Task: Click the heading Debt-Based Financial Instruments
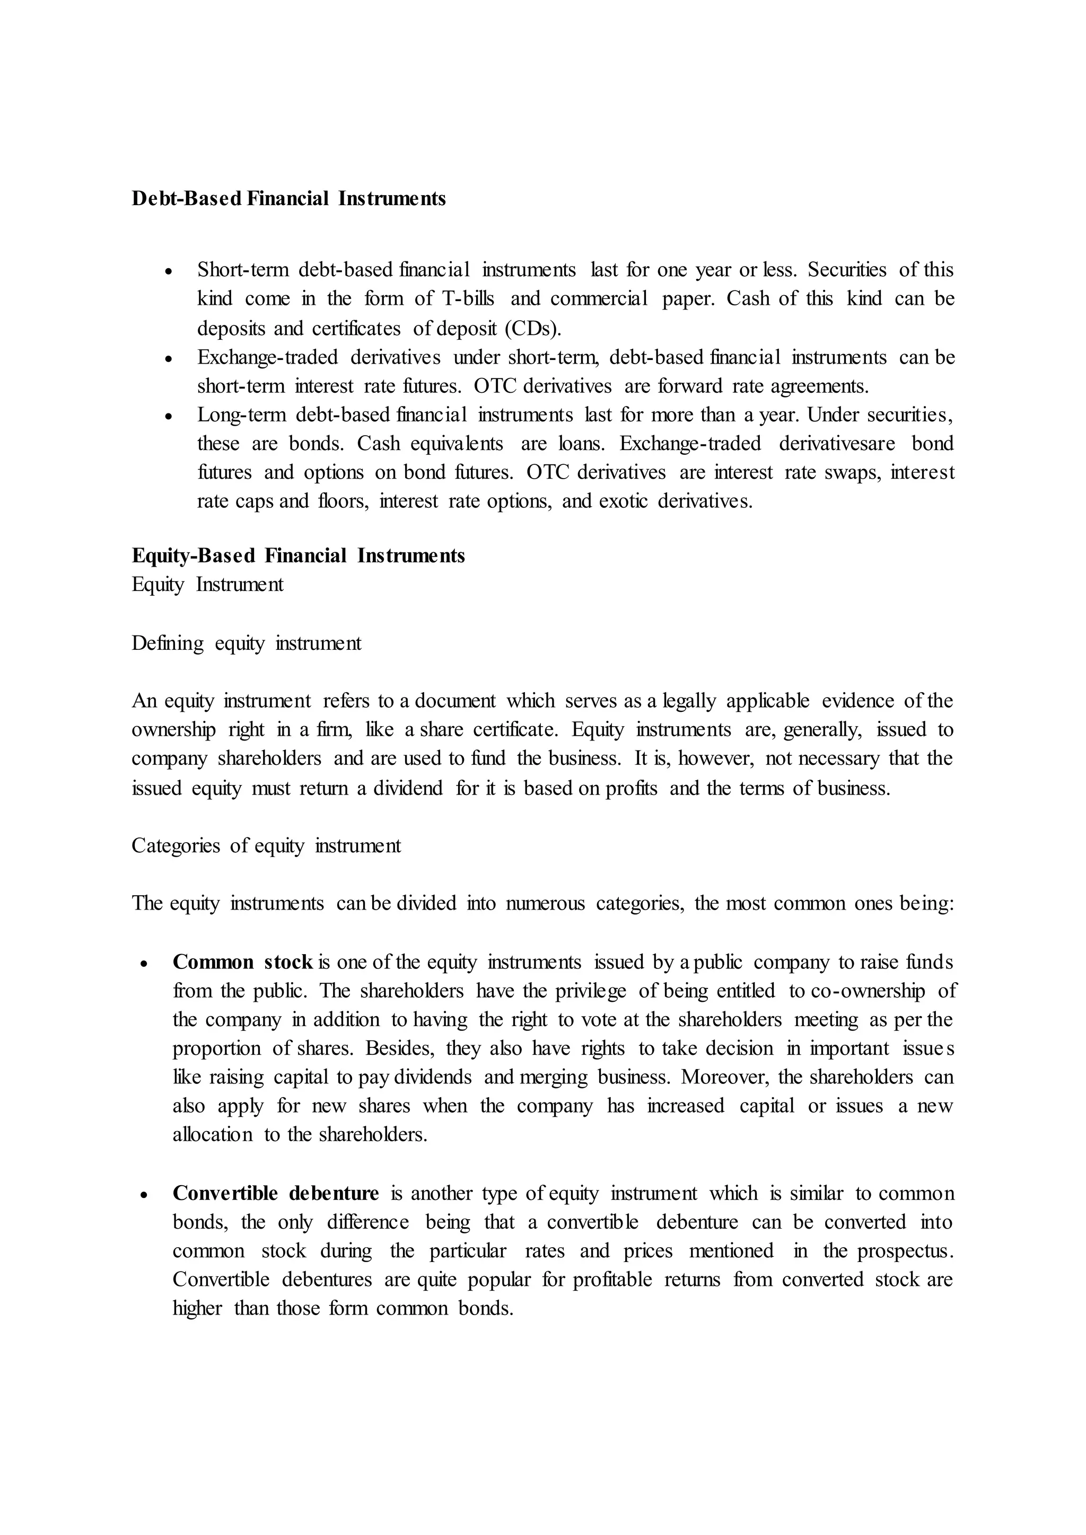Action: click(288, 199)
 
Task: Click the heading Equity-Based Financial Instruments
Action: click(298, 555)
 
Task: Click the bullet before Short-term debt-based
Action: click(169, 271)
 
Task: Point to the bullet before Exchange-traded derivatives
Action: click(169, 358)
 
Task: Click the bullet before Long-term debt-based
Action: click(169, 416)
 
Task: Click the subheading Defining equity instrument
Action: click(246, 643)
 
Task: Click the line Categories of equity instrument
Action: click(266, 846)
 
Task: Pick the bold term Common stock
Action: click(243, 962)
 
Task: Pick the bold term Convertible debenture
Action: click(276, 1193)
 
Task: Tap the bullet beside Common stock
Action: click(144, 964)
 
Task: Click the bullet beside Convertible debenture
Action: click(144, 1195)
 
